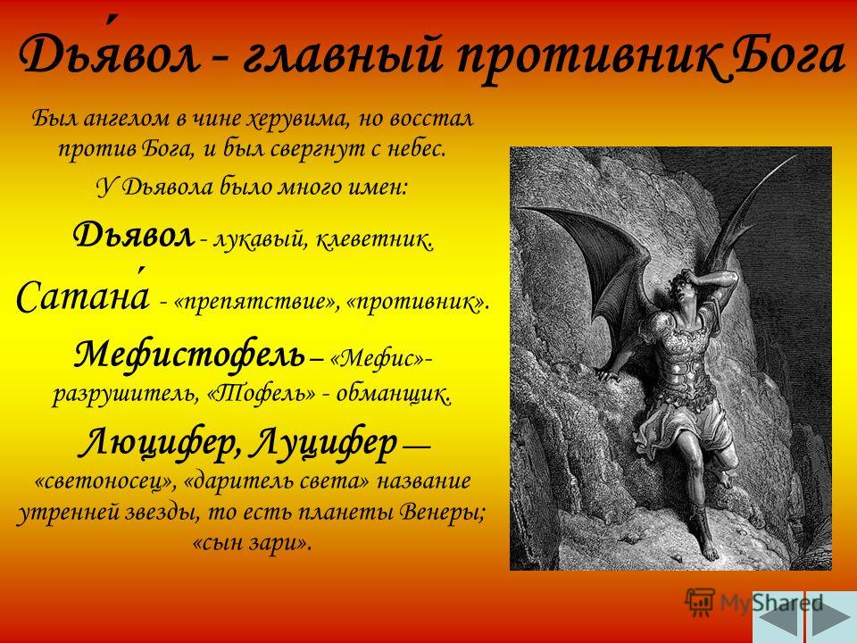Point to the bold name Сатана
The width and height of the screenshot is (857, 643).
pyautogui.click(x=82, y=296)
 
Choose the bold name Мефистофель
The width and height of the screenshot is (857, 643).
pyautogui.click(x=189, y=355)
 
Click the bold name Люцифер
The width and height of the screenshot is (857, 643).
pyautogui.click(x=160, y=442)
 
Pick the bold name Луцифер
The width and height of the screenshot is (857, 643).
pyautogui.click(x=323, y=442)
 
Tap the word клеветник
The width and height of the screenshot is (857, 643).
pyautogui.click(x=374, y=239)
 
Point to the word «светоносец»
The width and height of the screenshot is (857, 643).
pyautogui.click(x=105, y=481)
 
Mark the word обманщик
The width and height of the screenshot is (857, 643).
pyautogui.click(x=394, y=393)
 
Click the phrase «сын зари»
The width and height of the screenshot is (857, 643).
pyautogui.click(x=252, y=543)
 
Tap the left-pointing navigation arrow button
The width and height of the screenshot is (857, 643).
pyautogui.click(x=778, y=617)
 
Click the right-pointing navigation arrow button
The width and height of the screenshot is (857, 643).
pyautogui.click(x=831, y=617)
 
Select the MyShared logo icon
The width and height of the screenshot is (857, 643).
pyautogui.click(x=700, y=602)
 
